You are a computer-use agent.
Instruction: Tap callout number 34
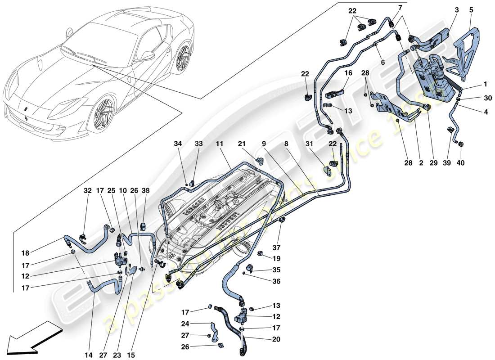(179, 144)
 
